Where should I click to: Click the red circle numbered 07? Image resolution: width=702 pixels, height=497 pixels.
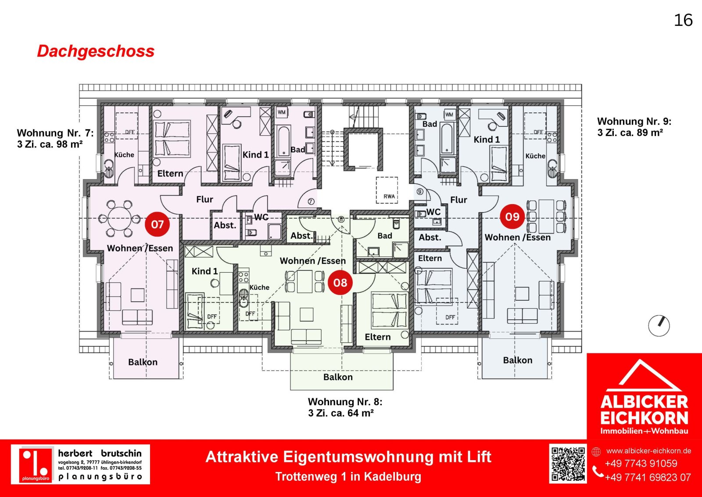157,224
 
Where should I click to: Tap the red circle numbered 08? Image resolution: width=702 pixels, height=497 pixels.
340,282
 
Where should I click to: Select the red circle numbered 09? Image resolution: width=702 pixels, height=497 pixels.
512,216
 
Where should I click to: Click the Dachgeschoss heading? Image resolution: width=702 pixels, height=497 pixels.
96,51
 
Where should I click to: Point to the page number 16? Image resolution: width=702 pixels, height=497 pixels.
683,20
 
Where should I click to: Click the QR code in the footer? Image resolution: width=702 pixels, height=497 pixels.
568,463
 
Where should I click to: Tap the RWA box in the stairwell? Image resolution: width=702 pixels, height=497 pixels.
387,190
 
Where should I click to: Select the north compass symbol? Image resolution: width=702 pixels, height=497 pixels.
659,326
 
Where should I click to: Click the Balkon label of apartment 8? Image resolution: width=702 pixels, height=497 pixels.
338,377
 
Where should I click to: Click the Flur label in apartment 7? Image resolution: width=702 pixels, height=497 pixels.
204,199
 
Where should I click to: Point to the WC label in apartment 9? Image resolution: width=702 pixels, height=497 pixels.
433,212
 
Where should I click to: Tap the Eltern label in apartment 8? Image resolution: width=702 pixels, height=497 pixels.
378,337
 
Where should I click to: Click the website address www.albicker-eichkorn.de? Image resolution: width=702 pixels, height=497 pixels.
648,451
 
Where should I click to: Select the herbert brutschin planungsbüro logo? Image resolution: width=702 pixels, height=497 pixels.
80,464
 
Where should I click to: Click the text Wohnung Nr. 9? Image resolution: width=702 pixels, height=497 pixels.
634,121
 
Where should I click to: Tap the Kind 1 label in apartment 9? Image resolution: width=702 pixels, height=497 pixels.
487,140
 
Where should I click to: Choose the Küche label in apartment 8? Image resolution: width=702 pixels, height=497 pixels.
259,287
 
